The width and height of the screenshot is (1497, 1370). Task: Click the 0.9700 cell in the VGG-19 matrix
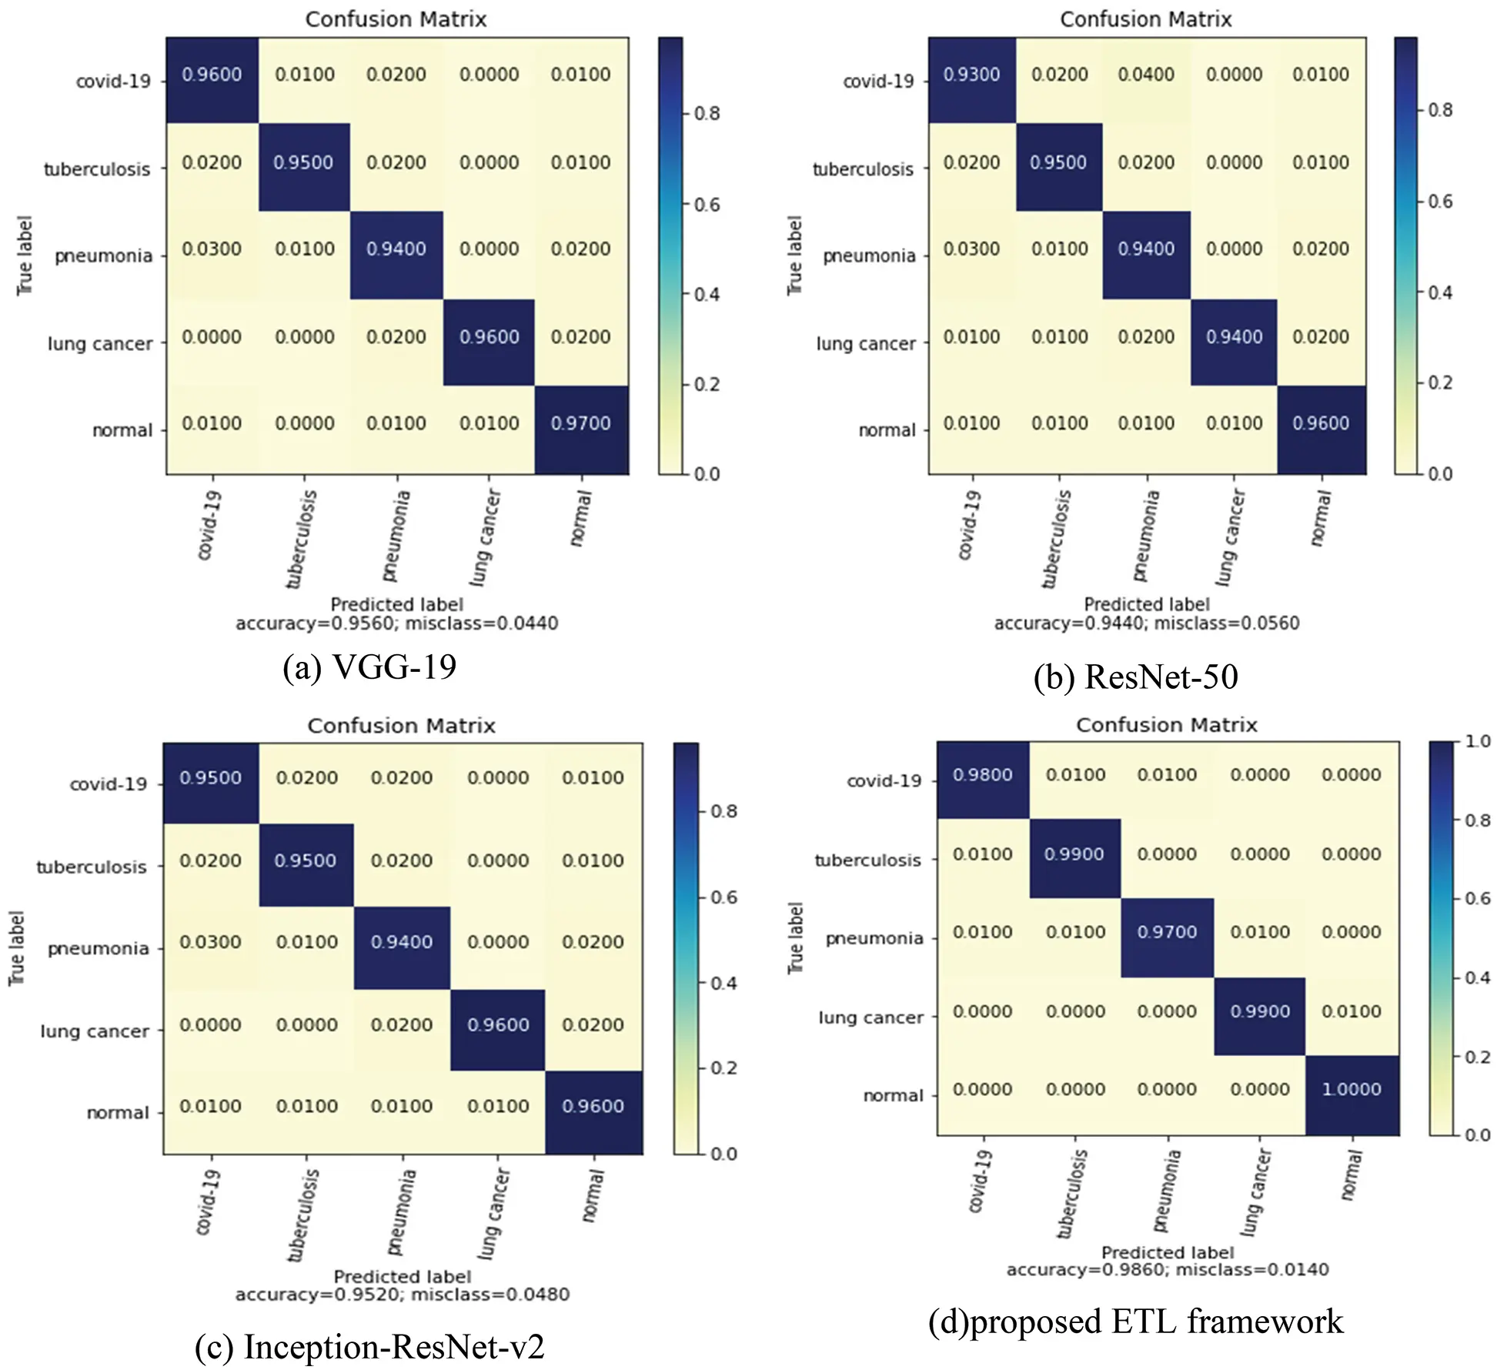pos(581,429)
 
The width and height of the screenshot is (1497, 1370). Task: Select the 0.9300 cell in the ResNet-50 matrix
pos(971,79)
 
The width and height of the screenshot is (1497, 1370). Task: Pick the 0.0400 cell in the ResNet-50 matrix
pos(1146,75)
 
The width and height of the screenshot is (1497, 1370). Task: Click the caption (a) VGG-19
pos(369,667)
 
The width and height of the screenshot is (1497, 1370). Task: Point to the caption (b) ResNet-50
pos(1136,677)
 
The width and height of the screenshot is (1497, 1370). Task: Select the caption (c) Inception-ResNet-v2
pos(369,1347)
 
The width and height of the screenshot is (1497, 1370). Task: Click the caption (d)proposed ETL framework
pos(1136,1322)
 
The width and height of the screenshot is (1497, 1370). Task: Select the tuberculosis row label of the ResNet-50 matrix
pos(863,169)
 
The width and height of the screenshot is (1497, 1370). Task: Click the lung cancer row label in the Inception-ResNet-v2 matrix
pos(95,1031)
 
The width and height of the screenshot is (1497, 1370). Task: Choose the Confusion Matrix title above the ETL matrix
pos(1167,724)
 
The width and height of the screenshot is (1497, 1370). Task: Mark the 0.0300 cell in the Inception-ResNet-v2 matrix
pos(210,942)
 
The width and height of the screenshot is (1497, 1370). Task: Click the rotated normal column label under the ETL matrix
pos(1351,1175)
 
